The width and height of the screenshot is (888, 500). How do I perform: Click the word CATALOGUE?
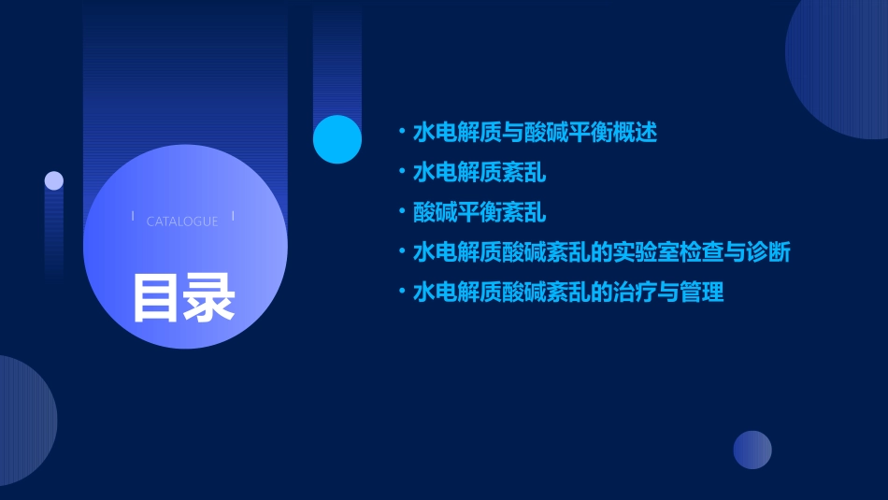182,221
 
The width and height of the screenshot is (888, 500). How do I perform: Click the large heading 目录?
183,296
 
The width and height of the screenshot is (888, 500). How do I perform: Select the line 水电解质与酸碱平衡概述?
535,132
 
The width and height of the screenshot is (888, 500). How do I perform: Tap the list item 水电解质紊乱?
480,172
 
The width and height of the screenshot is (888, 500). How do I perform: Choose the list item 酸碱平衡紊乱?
480,212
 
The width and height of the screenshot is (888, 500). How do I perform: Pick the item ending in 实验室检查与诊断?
602,252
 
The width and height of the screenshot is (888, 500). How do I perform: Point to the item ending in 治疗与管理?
568,293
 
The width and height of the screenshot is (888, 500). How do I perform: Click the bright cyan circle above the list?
337,139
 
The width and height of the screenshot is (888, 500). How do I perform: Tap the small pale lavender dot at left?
54,180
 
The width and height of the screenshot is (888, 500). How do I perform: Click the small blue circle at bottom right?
752,450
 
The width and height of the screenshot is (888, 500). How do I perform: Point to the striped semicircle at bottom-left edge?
23,421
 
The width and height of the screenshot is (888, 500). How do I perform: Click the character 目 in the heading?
156,296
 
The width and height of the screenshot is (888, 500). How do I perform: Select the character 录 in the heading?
209,296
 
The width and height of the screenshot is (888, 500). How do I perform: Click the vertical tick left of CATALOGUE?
133,216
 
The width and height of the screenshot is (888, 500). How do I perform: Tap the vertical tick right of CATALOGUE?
233,216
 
